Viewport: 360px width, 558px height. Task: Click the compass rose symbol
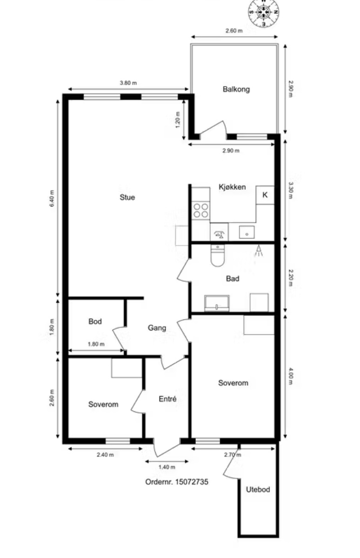coord(263,12)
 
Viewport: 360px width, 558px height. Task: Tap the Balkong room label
coord(236,89)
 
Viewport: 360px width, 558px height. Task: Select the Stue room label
coord(127,197)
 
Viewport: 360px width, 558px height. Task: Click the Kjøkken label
coord(232,187)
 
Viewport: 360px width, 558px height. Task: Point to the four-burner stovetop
coord(201,211)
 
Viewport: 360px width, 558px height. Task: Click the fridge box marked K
coord(265,195)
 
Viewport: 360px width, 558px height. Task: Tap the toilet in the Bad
coord(218,255)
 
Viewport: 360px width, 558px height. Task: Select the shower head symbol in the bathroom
coord(259,251)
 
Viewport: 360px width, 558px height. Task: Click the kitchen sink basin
coord(247,232)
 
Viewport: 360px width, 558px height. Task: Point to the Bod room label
coord(95,321)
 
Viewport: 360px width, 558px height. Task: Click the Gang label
coord(157,328)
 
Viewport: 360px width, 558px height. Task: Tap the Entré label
coord(167,399)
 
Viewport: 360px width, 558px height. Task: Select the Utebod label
coord(258,490)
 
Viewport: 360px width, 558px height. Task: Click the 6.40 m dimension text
coord(52,199)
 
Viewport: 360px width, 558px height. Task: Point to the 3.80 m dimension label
coord(128,83)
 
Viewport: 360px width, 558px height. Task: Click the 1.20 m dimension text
coord(178,120)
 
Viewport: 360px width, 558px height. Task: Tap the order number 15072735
coord(192,482)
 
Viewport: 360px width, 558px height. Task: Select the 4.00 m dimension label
coord(291,376)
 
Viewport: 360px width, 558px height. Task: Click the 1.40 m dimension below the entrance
coord(167,467)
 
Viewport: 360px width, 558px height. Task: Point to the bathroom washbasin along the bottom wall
coord(217,303)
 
